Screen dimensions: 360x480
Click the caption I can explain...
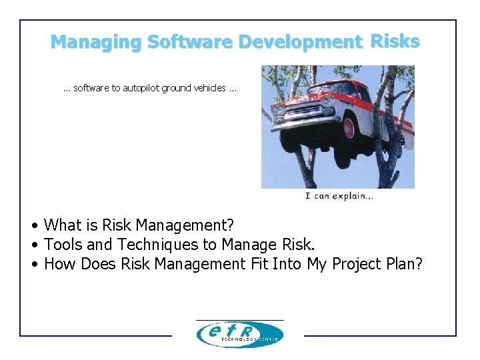click(339, 196)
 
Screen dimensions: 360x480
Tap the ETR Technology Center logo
click(239, 334)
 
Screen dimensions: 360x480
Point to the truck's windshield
click(333, 89)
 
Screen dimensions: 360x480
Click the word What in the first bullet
click(61, 226)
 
